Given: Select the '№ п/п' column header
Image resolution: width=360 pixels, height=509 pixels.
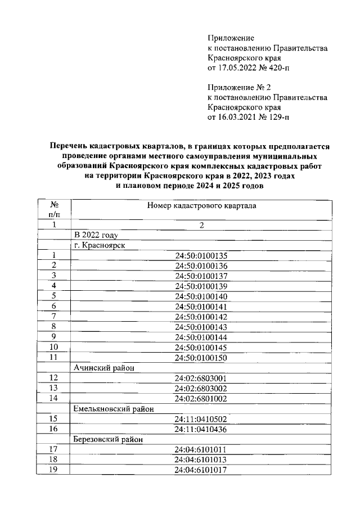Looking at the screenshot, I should [x=55, y=210].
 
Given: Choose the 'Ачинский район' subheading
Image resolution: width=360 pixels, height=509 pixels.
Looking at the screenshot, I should [x=105, y=367].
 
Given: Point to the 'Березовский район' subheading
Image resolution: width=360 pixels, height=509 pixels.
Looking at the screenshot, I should [x=108, y=439].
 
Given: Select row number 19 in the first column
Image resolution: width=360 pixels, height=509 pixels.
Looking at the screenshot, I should [x=55, y=470].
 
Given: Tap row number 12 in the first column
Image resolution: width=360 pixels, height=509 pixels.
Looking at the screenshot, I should [x=55, y=378].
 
